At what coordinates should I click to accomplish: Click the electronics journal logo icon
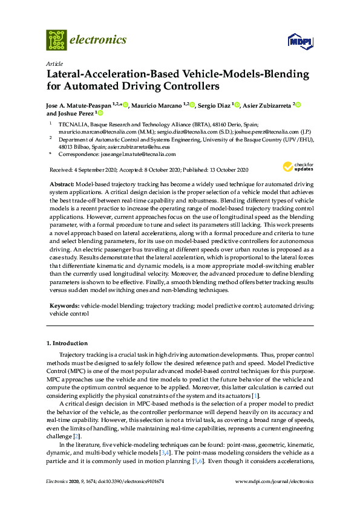56,40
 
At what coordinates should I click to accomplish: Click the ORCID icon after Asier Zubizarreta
298,105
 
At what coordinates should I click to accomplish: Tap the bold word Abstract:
63,183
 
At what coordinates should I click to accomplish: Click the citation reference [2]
76,436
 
